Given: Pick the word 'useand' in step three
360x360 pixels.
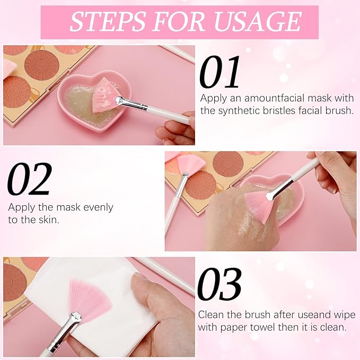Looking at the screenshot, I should [x=302, y=315].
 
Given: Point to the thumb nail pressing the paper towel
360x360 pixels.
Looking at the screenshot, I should [x=141, y=277].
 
